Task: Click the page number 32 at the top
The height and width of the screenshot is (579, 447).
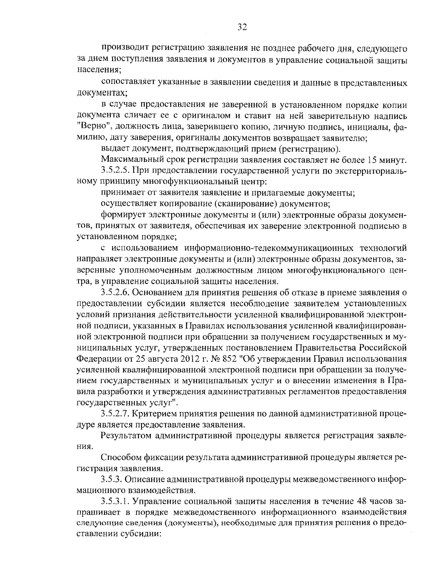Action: click(242, 27)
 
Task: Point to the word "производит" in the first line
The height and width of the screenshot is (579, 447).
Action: click(120, 49)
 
